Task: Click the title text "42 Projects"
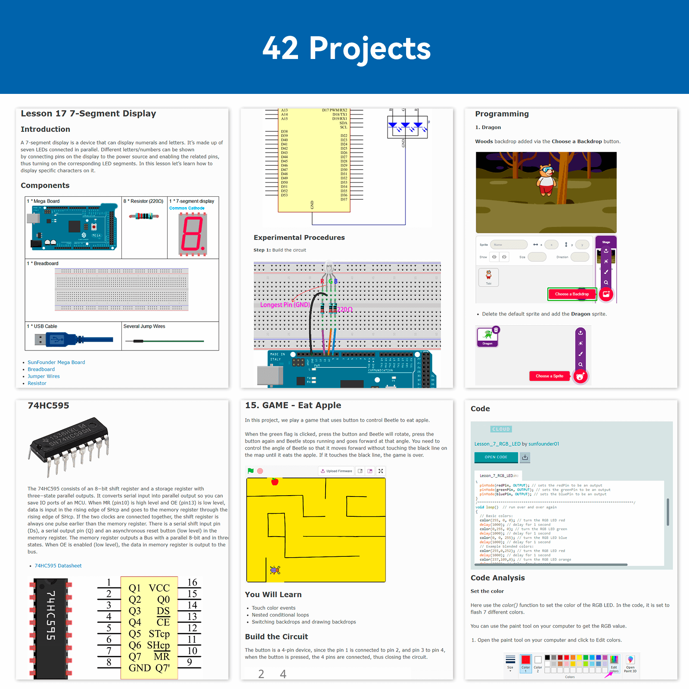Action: coord(346,48)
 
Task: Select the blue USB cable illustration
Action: coord(73,340)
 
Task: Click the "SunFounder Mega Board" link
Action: coord(56,363)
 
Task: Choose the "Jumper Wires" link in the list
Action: coord(43,376)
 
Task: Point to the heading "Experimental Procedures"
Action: coord(299,238)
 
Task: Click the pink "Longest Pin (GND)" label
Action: coord(285,305)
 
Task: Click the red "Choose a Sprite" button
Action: coord(549,376)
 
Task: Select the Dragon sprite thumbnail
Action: coord(487,337)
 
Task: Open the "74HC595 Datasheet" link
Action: coord(58,566)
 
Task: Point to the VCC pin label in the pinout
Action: coord(159,588)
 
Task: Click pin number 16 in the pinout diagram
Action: coord(192,583)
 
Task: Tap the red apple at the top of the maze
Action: coord(275,481)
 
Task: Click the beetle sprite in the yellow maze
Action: coord(275,570)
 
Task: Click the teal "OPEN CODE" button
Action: coord(496,457)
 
